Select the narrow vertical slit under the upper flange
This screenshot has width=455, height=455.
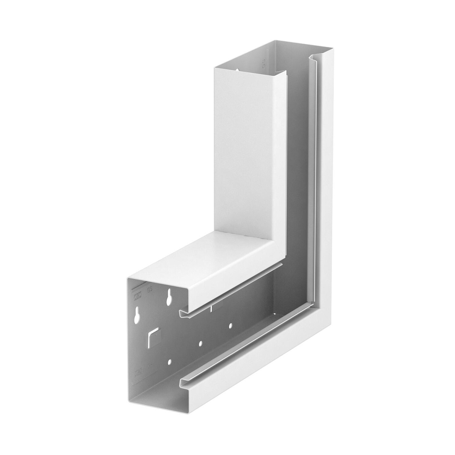[x=211, y=308]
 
